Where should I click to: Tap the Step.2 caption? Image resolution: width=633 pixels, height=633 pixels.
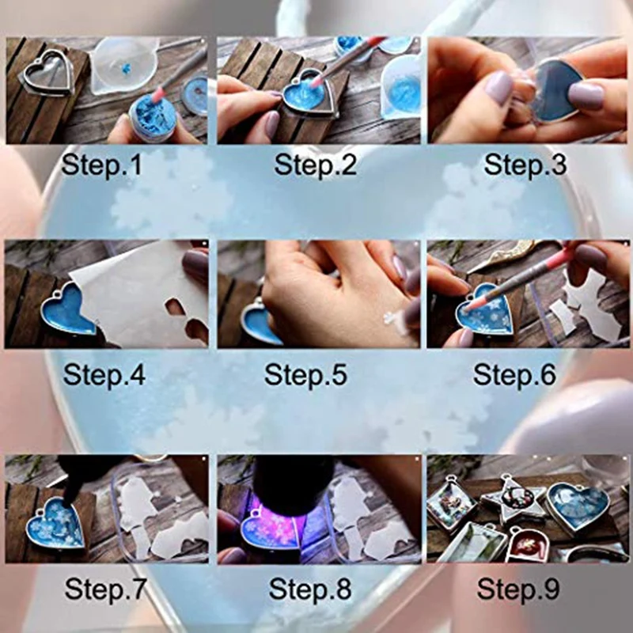point(314,166)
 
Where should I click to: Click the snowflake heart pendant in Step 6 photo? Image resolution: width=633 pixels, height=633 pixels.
point(486,313)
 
